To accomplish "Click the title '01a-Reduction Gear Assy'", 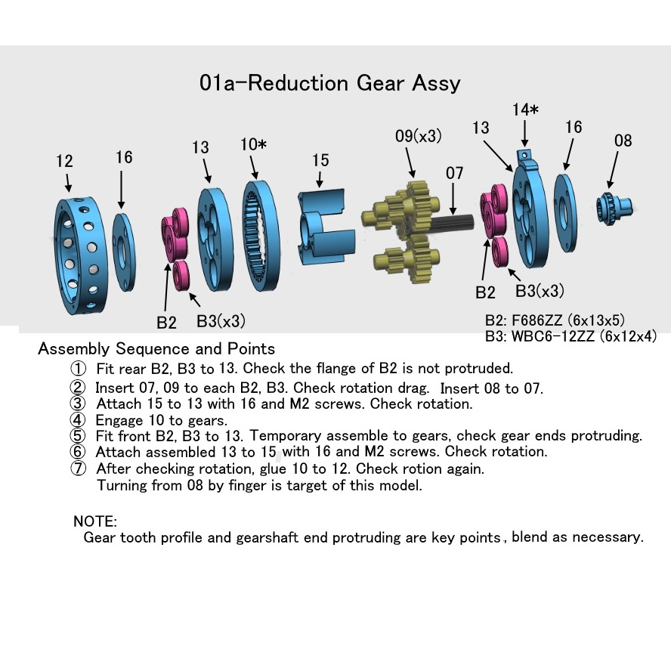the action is pyautogui.click(x=329, y=83).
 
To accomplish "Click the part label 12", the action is pyautogui.click(x=65, y=161).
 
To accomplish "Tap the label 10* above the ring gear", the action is pyautogui.click(x=253, y=144).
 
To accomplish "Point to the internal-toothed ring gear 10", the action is pyautogui.click(x=261, y=236).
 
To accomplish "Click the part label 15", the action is pyautogui.click(x=320, y=160).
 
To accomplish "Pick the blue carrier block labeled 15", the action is pyautogui.click(x=326, y=227).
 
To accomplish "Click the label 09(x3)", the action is pyautogui.click(x=418, y=136).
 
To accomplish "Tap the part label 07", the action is pyautogui.click(x=454, y=173).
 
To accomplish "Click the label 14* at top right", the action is pyautogui.click(x=525, y=110).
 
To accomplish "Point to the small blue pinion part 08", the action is pyautogui.click(x=614, y=208).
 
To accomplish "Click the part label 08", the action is pyautogui.click(x=623, y=141).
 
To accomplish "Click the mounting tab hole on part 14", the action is pyautogui.click(x=525, y=155).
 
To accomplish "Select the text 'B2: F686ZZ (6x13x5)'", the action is pyautogui.click(x=555, y=320).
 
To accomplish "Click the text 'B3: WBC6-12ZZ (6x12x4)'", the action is pyautogui.click(x=571, y=336).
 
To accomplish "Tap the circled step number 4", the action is pyautogui.click(x=78, y=420).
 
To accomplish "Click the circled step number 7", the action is pyautogui.click(x=78, y=468).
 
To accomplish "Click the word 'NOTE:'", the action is pyautogui.click(x=95, y=521).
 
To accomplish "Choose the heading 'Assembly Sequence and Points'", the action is pyautogui.click(x=156, y=349).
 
